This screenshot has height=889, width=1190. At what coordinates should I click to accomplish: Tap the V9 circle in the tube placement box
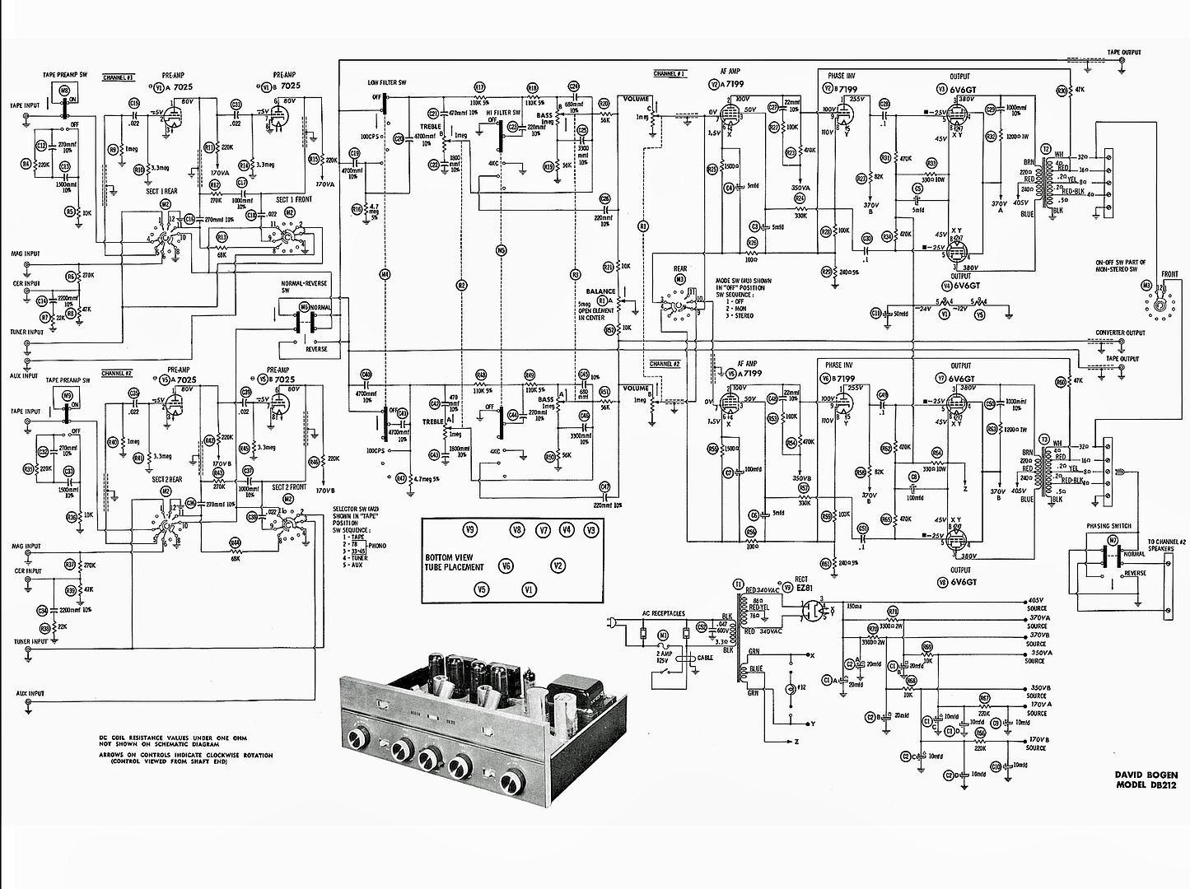tap(470, 530)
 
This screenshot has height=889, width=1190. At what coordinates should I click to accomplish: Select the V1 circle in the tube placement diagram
tap(530, 589)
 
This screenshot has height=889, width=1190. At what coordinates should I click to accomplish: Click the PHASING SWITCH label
tap(1108, 526)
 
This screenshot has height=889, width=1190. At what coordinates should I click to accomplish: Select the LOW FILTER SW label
tap(387, 83)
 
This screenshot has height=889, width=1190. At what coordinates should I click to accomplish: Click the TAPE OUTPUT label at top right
tap(1123, 53)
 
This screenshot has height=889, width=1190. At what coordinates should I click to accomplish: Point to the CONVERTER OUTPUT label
tap(1120, 333)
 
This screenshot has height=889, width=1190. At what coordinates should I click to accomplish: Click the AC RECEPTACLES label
tap(664, 612)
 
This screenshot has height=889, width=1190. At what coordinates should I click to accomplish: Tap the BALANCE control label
tap(600, 291)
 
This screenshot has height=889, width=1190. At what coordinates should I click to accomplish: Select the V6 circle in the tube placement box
tap(506, 566)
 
